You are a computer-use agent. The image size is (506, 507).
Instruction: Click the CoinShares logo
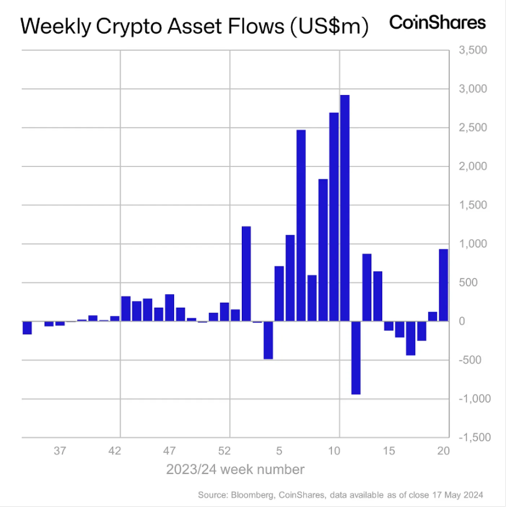[437, 23]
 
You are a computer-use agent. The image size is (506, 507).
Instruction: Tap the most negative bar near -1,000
[356, 357]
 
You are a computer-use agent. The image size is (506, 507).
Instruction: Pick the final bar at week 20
[443, 285]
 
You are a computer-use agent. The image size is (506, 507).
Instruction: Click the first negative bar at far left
[27, 328]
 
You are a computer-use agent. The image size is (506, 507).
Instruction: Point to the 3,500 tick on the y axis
[473, 50]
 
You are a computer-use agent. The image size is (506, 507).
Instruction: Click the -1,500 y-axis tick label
[472, 437]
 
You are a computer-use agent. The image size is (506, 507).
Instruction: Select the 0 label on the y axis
[462, 321]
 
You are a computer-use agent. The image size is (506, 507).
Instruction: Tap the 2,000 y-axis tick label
[473, 166]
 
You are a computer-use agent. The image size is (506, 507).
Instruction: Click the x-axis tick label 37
[60, 451]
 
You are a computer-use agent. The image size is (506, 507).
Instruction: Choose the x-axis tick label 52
[226, 451]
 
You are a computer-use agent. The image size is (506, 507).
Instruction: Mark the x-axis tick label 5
[280, 451]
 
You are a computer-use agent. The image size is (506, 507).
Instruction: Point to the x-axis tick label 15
[389, 451]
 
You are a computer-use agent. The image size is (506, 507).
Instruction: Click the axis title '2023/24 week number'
[235, 469]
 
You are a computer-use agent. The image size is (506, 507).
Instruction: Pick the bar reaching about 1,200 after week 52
[246, 274]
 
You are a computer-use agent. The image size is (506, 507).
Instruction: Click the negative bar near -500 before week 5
[268, 340]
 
